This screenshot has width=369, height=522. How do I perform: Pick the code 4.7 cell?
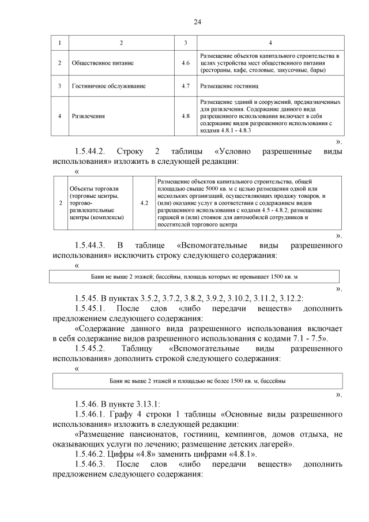point(185,86)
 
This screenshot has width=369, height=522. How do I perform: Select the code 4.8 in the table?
point(185,116)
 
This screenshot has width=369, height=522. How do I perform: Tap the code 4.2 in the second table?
point(144,203)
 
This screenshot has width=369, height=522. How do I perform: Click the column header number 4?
point(271,43)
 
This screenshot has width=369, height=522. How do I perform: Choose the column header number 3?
point(185,43)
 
